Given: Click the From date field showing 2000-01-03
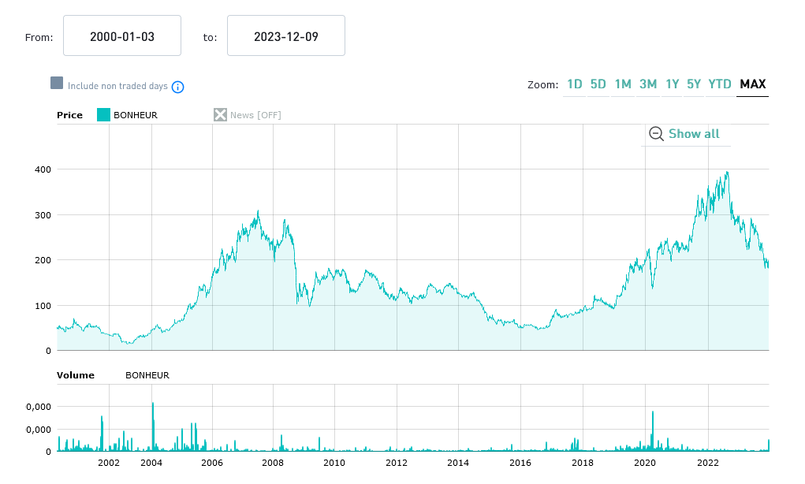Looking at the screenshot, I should tap(122, 36).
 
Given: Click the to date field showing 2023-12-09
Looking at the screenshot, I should tap(285, 36).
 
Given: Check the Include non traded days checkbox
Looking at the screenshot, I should tap(57, 84).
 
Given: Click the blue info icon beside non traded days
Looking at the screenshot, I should tap(178, 87).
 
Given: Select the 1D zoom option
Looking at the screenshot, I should tap(575, 84).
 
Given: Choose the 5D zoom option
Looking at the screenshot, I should tap(598, 84).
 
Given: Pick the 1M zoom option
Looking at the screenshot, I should tap(623, 84).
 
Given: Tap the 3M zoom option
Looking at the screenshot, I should tap(648, 84).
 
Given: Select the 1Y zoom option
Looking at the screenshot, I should tap(672, 84).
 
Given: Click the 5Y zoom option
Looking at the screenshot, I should tap(694, 84).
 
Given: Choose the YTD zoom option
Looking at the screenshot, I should tap(720, 84).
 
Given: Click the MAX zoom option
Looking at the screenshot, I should tap(753, 84).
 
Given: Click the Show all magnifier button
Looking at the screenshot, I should tap(684, 134).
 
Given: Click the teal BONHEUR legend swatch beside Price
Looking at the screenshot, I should tap(103, 115).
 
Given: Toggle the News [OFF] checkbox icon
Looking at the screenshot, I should tap(220, 115).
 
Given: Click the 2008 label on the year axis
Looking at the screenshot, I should tap(273, 463).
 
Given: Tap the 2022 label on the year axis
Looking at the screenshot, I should tap(707, 463).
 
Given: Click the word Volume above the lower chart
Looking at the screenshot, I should tap(75, 375).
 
